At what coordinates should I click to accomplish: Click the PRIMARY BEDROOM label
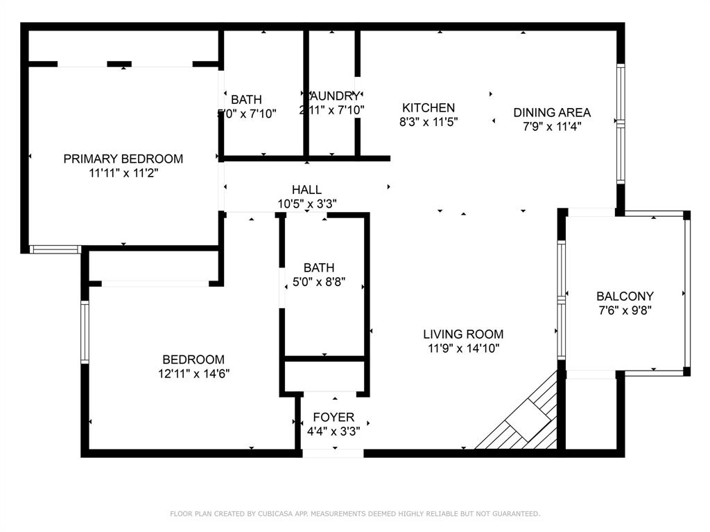(123, 159)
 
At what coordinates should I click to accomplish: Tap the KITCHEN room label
(428, 107)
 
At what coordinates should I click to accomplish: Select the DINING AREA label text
(552, 112)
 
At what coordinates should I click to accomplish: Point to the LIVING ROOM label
(463, 334)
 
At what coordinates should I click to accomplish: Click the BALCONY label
(625, 296)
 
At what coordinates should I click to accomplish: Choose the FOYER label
(334, 417)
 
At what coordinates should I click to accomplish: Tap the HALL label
(306, 189)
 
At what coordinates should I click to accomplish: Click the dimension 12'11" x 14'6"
(193, 373)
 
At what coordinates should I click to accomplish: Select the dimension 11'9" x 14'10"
(463, 348)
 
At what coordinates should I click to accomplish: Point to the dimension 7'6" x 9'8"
(625, 310)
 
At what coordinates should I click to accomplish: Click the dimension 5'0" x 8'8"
(319, 282)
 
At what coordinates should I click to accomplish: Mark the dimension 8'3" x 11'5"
(428, 122)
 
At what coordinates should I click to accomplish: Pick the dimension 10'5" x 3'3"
(306, 204)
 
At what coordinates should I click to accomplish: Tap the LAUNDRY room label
(334, 96)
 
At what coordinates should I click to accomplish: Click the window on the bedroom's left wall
(85, 332)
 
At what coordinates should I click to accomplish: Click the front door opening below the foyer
(333, 453)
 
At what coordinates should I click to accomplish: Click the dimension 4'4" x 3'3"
(334, 431)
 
